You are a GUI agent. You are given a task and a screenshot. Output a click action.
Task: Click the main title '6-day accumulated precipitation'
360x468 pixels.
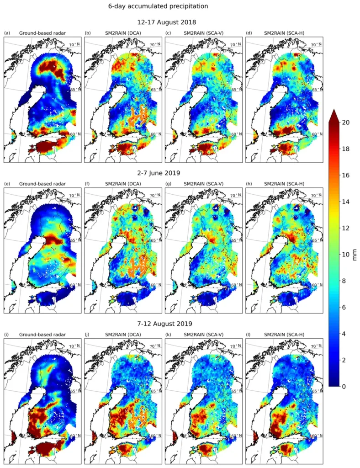pyautogui.click(x=158, y=6)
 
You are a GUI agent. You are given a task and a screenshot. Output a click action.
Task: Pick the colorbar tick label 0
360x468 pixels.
pyautogui.click(x=346, y=387)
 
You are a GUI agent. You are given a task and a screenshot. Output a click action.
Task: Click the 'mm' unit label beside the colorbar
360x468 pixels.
pyautogui.click(x=355, y=254)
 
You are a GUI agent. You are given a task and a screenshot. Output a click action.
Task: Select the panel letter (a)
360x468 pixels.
pyautogui.click(x=7, y=33)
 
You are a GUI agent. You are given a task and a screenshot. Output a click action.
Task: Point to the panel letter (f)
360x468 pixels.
pyautogui.click(x=87, y=184)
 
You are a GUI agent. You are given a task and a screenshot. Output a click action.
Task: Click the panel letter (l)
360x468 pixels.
pyautogui.click(x=248, y=335)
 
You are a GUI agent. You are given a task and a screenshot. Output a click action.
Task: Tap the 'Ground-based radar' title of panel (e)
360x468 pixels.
pyautogui.click(x=42, y=184)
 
